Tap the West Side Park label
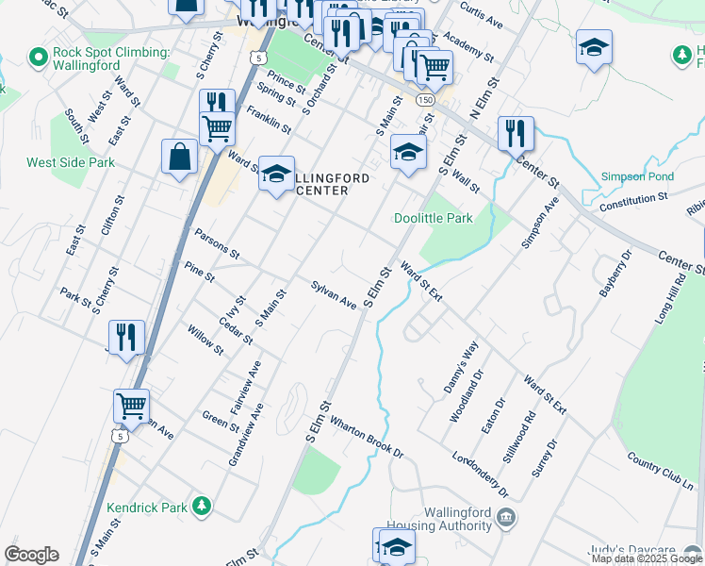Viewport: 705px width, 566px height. click(71, 162)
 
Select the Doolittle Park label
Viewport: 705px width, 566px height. click(433, 218)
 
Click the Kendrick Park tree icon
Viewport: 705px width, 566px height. click(201, 507)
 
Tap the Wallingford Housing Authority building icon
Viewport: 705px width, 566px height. click(506, 516)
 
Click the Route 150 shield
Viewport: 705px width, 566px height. click(427, 99)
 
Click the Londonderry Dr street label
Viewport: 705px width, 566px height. click(481, 473)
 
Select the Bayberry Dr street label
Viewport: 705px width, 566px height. click(615, 274)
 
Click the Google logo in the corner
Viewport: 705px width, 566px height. click(31, 555)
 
